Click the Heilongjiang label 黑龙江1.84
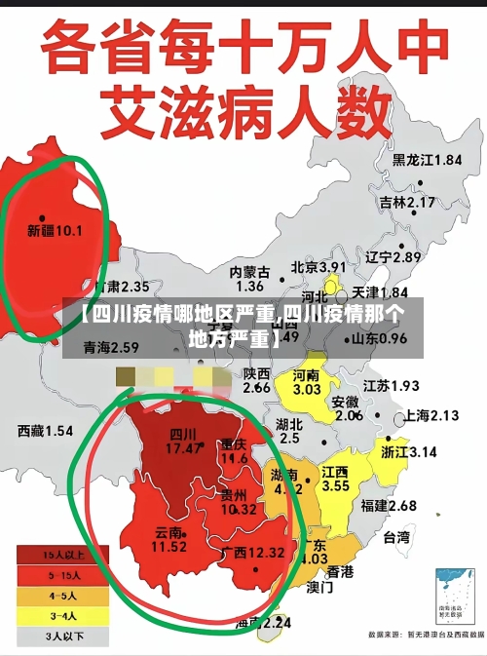(427, 160)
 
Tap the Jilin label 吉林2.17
(407, 203)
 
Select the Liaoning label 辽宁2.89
(393, 257)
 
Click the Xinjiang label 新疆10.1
(55, 231)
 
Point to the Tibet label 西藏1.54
(45, 430)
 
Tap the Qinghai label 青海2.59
(110, 347)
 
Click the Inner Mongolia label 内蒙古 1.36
(249, 279)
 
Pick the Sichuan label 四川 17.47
(184, 442)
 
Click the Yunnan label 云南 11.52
(169, 540)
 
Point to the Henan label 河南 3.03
(307, 382)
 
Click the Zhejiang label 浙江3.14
(409, 452)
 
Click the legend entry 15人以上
(49, 555)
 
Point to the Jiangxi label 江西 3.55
(336, 479)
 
